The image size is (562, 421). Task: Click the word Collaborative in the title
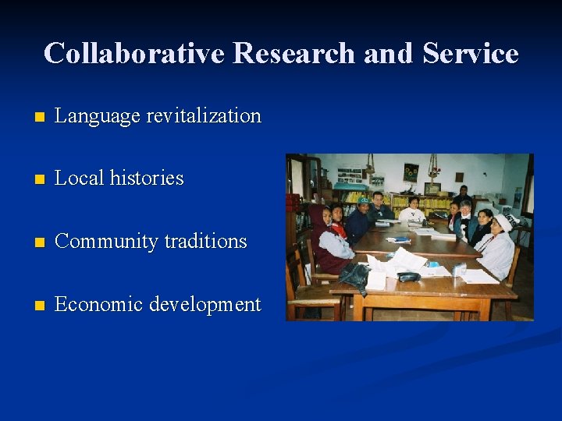tap(134, 53)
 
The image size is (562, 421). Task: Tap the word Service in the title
tap(470, 53)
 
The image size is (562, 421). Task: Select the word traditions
tap(206, 241)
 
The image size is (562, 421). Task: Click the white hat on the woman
tap(504, 222)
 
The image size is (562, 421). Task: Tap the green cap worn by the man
tap(363, 200)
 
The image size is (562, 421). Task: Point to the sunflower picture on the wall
tap(411, 172)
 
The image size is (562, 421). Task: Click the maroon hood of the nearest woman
tap(318, 218)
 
